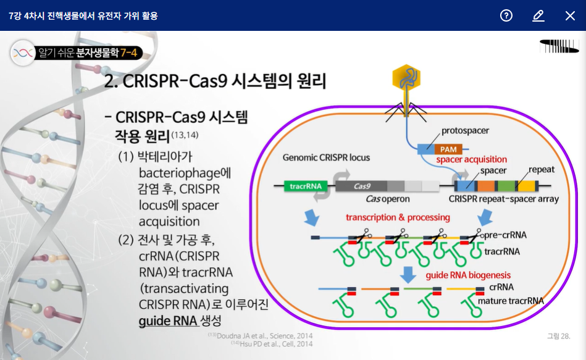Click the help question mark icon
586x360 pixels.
506,15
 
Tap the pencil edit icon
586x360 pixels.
538,15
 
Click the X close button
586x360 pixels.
570,15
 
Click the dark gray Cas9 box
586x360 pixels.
361,185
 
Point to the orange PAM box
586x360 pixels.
449,149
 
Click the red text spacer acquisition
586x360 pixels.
472,160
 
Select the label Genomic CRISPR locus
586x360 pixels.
326,157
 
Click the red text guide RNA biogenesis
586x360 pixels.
469,275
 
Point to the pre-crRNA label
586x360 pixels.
505,235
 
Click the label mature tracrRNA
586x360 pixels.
511,301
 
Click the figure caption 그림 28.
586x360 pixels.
558,336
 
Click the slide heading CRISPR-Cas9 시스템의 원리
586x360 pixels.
216,82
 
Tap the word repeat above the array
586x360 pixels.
542,170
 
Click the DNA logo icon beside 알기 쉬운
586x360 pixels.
22,53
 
